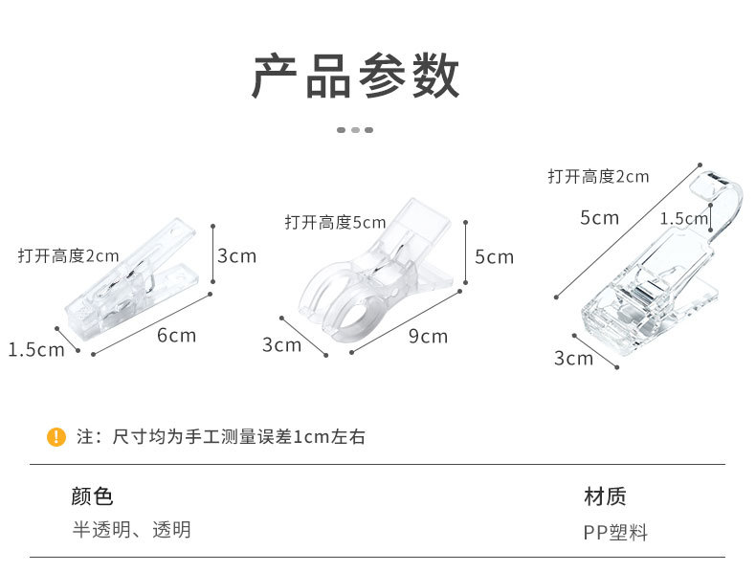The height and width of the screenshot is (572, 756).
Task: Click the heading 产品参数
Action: (355, 77)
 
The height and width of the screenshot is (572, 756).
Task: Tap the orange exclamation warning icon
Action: (56, 437)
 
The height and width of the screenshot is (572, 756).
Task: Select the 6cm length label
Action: (176, 335)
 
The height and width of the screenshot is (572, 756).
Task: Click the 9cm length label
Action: (428, 336)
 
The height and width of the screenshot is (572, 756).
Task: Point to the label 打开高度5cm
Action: (335, 222)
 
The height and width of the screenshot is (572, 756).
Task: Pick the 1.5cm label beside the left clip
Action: (36, 349)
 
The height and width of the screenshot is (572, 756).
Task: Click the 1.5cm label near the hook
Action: (683, 218)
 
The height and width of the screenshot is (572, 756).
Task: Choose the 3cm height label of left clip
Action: (236, 255)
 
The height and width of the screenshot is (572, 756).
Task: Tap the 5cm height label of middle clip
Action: (494, 256)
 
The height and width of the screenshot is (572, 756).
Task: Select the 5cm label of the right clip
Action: (599, 217)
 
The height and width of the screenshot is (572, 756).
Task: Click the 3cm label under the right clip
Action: (573, 358)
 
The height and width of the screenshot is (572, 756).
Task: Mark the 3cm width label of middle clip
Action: (281, 344)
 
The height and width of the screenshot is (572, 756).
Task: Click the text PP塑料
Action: (615, 533)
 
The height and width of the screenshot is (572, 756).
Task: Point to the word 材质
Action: (605, 496)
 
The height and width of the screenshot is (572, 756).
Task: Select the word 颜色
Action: (92, 496)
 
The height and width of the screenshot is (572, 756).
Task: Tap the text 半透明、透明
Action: (132, 529)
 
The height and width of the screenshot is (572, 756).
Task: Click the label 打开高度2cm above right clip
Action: (598, 176)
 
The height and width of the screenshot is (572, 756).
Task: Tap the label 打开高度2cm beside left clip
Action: (68, 255)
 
